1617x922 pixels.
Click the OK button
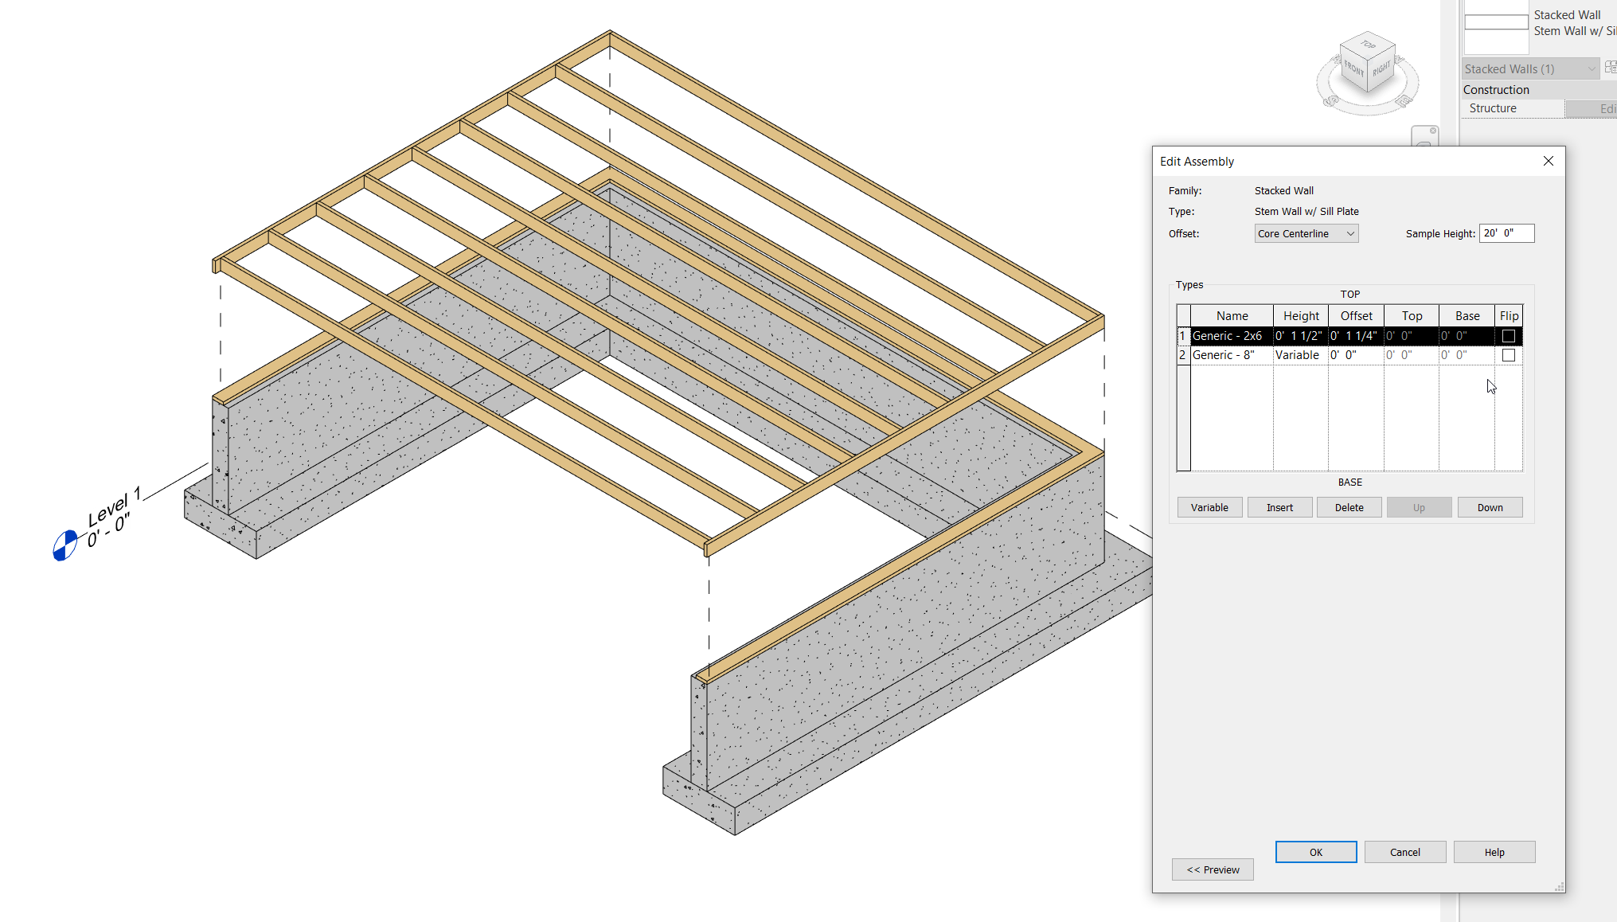[x=1315, y=852]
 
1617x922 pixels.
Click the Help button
[x=1494, y=852]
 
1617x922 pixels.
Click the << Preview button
[x=1213, y=869]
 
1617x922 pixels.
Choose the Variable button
[x=1209, y=507]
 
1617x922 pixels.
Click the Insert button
[x=1279, y=507]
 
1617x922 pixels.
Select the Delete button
[x=1349, y=507]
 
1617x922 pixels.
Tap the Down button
[x=1490, y=507]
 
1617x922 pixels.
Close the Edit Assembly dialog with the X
[x=1549, y=161]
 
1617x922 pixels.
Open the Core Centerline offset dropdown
[x=1306, y=233]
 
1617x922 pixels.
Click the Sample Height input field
[x=1506, y=233]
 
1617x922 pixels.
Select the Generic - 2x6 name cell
[x=1231, y=336]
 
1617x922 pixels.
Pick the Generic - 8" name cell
[x=1231, y=355]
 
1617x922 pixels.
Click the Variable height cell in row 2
[x=1299, y=355]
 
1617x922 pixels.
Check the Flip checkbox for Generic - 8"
[x=1508, y=355]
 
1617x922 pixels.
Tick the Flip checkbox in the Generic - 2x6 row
[x=1508, y=336]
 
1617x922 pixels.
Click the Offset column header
[x=1356, y=316]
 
